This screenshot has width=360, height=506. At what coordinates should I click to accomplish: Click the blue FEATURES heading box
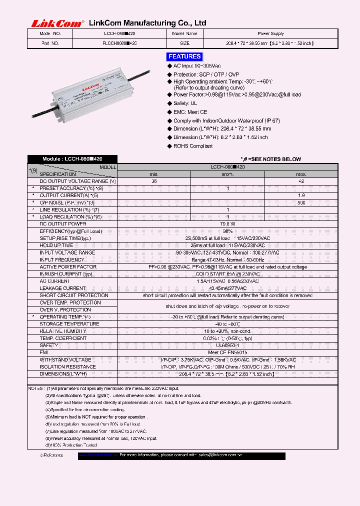(184, 56)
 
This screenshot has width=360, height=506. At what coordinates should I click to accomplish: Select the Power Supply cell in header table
(270, 33)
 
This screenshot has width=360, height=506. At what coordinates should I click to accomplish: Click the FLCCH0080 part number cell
(119, 43)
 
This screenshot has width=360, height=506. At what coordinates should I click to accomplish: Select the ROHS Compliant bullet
(193, 146)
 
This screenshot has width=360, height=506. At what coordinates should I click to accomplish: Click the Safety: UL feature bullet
(185, 103)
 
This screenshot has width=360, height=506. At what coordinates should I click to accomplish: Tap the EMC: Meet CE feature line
(190, 112)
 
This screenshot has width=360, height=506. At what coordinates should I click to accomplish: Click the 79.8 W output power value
(227, 224)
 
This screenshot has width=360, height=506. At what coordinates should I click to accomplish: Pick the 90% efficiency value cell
(227, 231)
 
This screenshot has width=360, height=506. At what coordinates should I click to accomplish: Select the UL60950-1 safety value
(227, 345)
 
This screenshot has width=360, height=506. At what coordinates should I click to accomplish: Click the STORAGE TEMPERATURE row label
(69, 324)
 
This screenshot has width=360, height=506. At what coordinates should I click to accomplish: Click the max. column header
(301, 173)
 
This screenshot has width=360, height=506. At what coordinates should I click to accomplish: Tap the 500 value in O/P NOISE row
(301, 202)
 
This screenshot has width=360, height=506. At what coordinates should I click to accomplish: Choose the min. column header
(154, 173)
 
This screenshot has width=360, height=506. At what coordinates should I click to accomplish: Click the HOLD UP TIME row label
(56, 245)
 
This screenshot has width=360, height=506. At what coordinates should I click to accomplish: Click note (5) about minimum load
(97, 416)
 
